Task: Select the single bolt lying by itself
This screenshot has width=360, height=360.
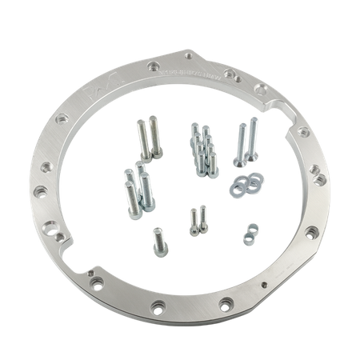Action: point(157,238)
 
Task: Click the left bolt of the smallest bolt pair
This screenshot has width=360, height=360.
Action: point(192,220)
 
